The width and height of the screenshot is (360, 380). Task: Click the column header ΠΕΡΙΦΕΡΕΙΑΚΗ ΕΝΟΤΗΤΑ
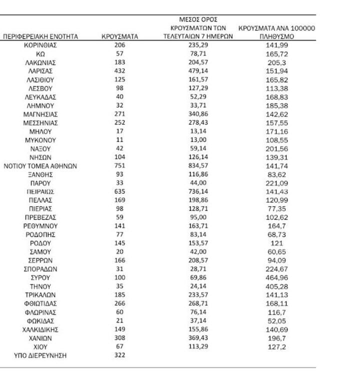tap(40, 36)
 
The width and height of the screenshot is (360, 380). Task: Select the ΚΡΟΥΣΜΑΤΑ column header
tap(119, 36)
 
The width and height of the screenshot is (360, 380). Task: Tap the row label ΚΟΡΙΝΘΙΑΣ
tap(40, 45)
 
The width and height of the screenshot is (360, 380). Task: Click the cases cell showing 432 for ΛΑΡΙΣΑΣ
tap(119, 71)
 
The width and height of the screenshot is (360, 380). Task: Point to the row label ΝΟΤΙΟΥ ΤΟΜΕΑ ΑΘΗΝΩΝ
tap(40, 166)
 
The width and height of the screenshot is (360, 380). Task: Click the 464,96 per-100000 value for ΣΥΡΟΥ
tap(276, 277)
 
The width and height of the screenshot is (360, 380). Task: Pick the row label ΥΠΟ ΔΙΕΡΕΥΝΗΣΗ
tap(40, 355)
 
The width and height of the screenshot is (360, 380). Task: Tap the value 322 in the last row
tap(119, 355)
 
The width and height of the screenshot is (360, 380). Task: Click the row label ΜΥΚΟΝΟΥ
tap(40, 140)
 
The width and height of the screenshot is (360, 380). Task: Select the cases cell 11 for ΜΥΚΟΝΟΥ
tap(119, 140)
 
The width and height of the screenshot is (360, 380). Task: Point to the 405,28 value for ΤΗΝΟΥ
tap(276, 286)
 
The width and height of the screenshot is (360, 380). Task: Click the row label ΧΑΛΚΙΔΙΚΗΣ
tap(40, 329)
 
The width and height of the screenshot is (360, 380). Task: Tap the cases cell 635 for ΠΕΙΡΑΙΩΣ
tap(119, 191)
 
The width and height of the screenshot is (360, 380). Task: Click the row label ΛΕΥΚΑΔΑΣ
tap(40, 97)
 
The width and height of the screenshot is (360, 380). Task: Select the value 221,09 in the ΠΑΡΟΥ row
tap(276, 183)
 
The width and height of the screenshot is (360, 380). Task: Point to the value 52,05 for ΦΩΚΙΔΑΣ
tap(276, 321)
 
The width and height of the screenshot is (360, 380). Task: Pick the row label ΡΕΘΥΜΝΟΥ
tap(40, 226)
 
